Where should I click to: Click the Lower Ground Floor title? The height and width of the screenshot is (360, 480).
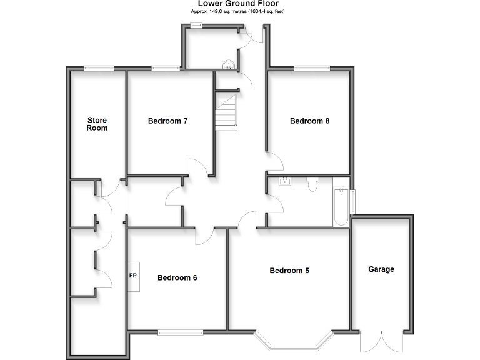[x=239, y=4]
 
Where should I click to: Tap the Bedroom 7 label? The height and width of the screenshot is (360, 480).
[x=168, y=121]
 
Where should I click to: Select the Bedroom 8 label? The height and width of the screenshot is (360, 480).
[x=309, y=121]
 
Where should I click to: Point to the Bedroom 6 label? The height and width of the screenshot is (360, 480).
[x=177, y=278]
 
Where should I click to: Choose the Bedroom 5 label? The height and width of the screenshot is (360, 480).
[x=289, y=271]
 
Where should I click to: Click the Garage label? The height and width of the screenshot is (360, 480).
[x=381, y=269]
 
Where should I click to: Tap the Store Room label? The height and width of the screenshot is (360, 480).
[x=97, y=124]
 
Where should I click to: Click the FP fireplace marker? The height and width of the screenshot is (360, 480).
[x=133, y=276]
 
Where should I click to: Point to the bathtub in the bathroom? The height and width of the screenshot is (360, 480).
[x=340, y=207]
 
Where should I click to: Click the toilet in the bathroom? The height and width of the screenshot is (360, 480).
[x=313, y=183]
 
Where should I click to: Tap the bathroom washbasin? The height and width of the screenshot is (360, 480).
[x=286, y=181]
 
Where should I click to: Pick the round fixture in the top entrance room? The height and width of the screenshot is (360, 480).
[x=230, y=63]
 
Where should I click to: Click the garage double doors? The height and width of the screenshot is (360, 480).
[x=381, y=342]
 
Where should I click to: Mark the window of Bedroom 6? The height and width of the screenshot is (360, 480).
[x=179, y=330]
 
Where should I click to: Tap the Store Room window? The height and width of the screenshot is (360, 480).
[x=99, y=68]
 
